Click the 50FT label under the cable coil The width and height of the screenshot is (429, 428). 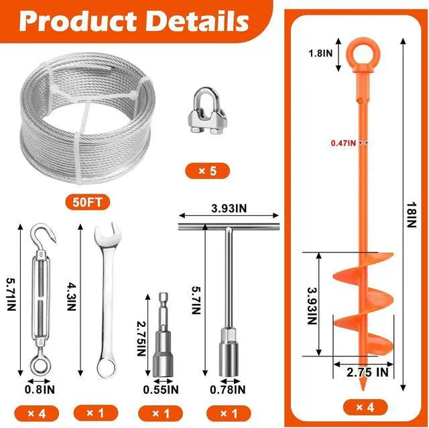coord(88,202)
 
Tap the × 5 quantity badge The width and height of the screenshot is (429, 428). coord(207,171)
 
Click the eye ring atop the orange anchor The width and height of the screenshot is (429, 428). coord(363,54)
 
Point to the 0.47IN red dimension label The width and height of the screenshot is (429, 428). coord(343,143)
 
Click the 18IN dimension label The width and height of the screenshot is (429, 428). coord(411,215)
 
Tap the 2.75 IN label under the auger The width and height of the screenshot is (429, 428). coord(367,372)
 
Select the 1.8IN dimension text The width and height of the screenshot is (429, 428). coord(320,53)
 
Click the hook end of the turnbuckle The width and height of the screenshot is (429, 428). coord(44,233)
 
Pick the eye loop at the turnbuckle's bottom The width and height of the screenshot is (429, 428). coord(40,365)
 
